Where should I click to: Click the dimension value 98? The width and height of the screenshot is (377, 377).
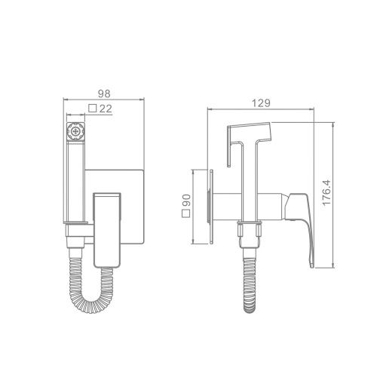[x=104, y=93]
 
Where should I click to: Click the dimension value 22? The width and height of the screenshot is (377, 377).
[x=106, y=109]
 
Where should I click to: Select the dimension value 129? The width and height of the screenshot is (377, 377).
[x=261, y=103]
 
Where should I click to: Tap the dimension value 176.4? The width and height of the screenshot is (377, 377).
[x=326, y=193]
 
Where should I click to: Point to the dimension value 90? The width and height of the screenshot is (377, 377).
[x=186, y=201]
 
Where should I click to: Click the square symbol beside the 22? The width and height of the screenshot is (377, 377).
[x=93, y=109]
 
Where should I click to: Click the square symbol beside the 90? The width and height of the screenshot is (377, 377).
[x=186, y=213]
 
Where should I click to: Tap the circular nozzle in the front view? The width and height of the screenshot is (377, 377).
[x=75, y=131]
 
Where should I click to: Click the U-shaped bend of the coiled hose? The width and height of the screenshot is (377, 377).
[x=90, y=305]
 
